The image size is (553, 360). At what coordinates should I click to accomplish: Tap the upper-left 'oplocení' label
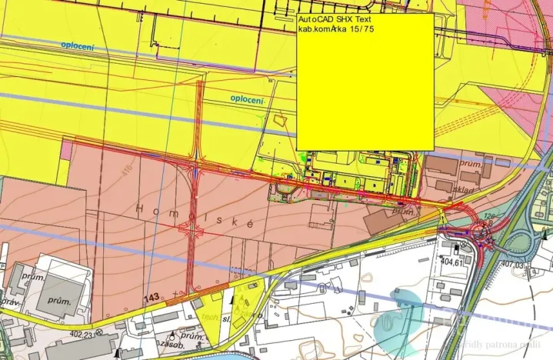click(x=78, y=46)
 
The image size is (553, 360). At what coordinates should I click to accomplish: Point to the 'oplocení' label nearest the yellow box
click(x=247, y=100)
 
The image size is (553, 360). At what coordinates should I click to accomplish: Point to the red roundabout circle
click(x=487, y=228)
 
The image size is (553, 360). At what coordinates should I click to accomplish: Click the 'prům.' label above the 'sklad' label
click(x=470, y=164)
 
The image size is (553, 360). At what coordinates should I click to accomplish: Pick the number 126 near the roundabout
click(x=490, y=215)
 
